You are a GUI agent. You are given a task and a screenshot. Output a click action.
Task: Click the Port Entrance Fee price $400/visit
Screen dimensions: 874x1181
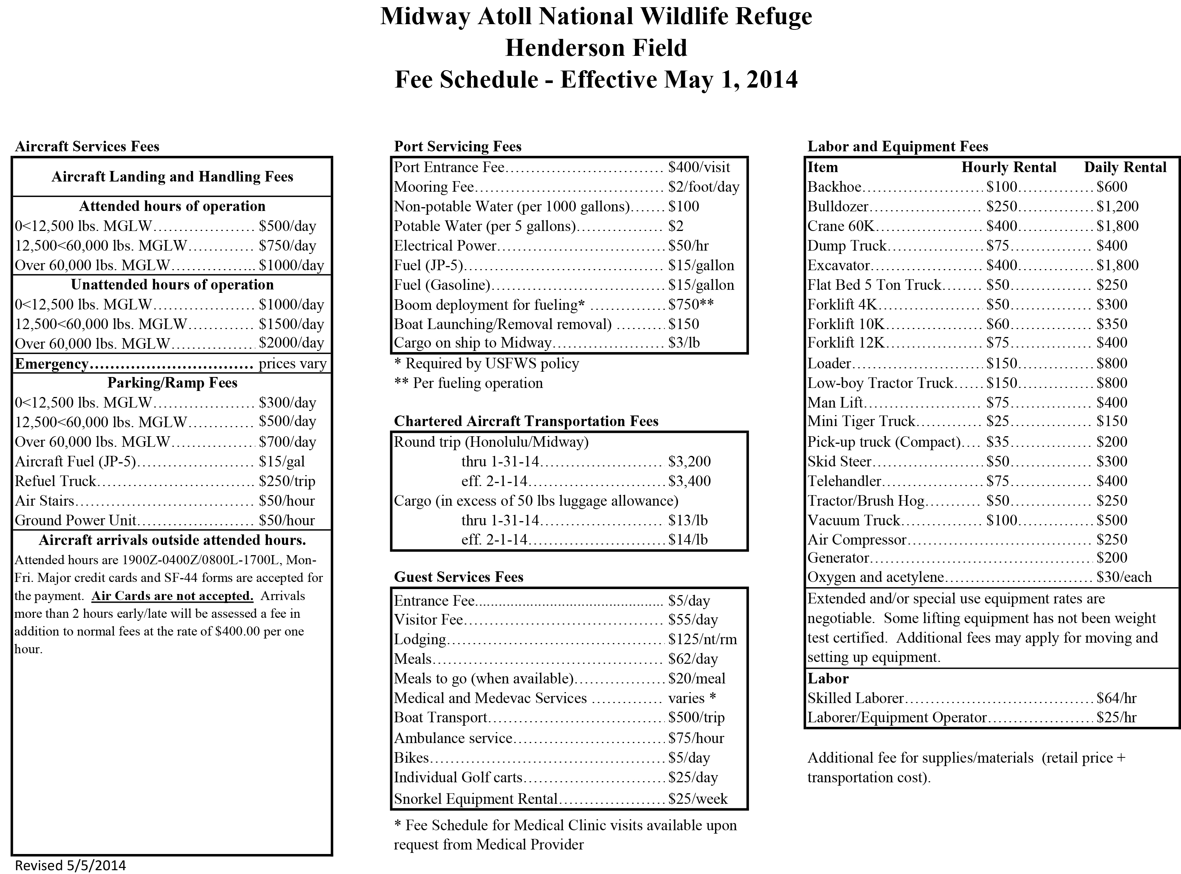[x=699, y=167]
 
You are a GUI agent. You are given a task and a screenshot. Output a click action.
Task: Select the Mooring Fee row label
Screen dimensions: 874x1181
[x=434, y=187]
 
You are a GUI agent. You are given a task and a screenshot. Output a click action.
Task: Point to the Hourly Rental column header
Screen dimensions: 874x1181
[x=1009, y=167]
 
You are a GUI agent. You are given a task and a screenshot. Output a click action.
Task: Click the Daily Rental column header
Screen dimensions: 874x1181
[x=1125, y=167]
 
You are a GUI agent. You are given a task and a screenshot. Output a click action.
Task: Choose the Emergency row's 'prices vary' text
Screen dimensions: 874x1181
[x=292, y=364]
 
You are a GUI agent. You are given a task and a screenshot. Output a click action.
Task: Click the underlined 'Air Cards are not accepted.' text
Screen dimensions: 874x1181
[x=172, y=596]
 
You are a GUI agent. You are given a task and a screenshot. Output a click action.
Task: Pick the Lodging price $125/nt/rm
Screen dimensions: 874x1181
[x=702, y=639]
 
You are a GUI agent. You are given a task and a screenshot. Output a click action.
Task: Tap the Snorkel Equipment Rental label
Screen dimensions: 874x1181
[x=475, y=799]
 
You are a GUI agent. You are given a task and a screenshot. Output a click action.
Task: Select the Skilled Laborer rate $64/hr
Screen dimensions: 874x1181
[x=1116, y=698]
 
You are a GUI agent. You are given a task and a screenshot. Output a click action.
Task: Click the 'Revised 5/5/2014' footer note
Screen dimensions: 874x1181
[x=70, y=865]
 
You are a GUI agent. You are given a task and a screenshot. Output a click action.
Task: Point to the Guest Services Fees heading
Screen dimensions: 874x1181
[x=458, y=577]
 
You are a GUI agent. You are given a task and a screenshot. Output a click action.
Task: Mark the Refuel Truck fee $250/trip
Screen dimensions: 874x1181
[x=287, y=481]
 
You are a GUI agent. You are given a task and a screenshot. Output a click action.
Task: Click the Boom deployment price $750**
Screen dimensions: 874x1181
[x=691, y=305]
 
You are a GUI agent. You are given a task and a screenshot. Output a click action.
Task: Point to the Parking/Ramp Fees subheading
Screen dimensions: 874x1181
[x=172, y=383]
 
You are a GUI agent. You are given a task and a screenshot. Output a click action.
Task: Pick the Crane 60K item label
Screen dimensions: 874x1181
[x=840, y=226]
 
